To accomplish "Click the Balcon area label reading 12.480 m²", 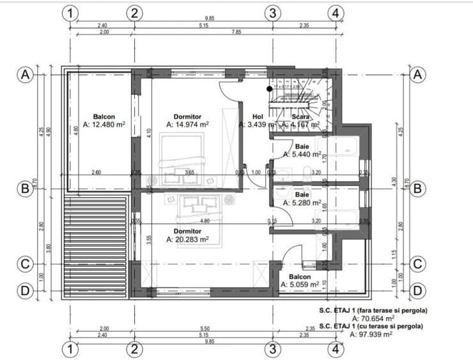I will point(103,125).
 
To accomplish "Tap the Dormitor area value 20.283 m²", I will point(188,240).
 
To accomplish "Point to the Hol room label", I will point(258,117).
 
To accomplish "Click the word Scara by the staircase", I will point(300,117).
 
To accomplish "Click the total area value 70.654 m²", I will point(373,317).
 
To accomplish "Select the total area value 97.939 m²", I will point(373,333).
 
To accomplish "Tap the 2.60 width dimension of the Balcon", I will point(96,173).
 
